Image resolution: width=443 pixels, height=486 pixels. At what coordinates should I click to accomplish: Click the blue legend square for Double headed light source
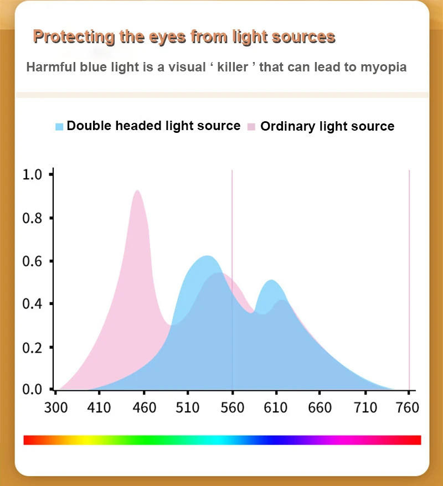coord(60,126)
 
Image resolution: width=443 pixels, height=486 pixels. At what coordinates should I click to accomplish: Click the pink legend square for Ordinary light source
coord(251,126)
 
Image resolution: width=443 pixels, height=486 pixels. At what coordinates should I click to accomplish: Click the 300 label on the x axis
coord(56,408)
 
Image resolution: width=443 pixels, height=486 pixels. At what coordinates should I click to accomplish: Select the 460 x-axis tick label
coord(145,408)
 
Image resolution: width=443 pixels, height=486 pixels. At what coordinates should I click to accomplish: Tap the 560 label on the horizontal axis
coord(232,408)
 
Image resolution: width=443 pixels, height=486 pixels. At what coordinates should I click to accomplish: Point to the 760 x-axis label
coord(408,408)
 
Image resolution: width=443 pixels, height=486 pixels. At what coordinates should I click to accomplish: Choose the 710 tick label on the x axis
coord(365,408)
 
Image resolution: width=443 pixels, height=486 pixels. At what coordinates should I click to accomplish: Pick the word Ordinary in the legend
coord(287,126)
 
